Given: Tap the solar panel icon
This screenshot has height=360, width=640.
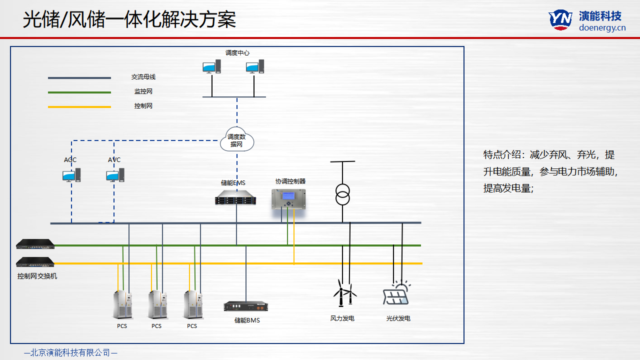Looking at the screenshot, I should click(x=396, y=293).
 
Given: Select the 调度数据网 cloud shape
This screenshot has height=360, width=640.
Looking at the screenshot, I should click(x=237, y=140).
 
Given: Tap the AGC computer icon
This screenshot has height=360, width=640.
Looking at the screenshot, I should click(x=71, y=175).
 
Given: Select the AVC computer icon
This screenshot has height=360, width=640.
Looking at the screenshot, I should click(x=115, y=175).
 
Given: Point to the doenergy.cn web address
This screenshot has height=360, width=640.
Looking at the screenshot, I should click(x=602, y=28).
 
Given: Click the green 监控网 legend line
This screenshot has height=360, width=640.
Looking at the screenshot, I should click(x=79, y=92).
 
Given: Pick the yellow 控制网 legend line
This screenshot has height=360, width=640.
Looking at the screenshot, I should click(x=79, y=106).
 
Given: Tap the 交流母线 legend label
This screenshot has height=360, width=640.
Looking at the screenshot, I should click(x=143, y=77).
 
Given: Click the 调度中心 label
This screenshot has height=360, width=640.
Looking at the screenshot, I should click(x=237, y=52).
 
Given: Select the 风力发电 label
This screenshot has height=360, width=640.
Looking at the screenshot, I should click(x=342, y=318).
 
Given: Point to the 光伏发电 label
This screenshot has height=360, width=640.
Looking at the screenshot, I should click(x=398, y=318).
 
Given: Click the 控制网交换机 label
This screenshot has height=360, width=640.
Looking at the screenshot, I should click(x=37, y=276).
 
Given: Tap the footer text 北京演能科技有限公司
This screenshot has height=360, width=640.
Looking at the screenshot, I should click(x=70, y=352).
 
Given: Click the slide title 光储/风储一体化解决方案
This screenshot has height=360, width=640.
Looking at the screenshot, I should click(x=129, y=20).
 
